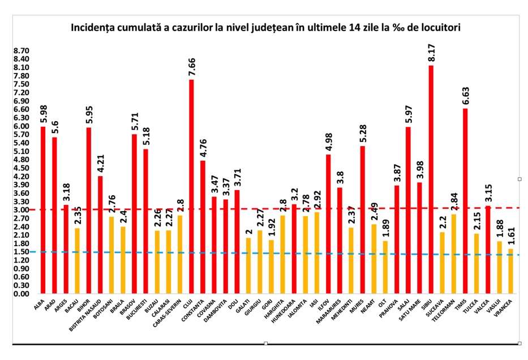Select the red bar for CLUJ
pyautogui.click(x=191, y=187)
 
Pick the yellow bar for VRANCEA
pyautogui.click(x=511, y=272)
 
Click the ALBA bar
pyautogui.click(x=43, y=210)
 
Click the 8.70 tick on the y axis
pyautogui.click(x=21, y=50)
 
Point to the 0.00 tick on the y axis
pyautogui.click(x=21, y=294)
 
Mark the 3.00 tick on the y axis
pyautogui.click(x=21, y=210)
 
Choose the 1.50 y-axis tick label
pyautogui.click(x=21, y=252)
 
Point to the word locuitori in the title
pyautogui.click(x=438, y=27)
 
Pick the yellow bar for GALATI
pyautogui.click(x=248, y=265)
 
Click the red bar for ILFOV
pyautogui.click(x=328, y=224)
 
